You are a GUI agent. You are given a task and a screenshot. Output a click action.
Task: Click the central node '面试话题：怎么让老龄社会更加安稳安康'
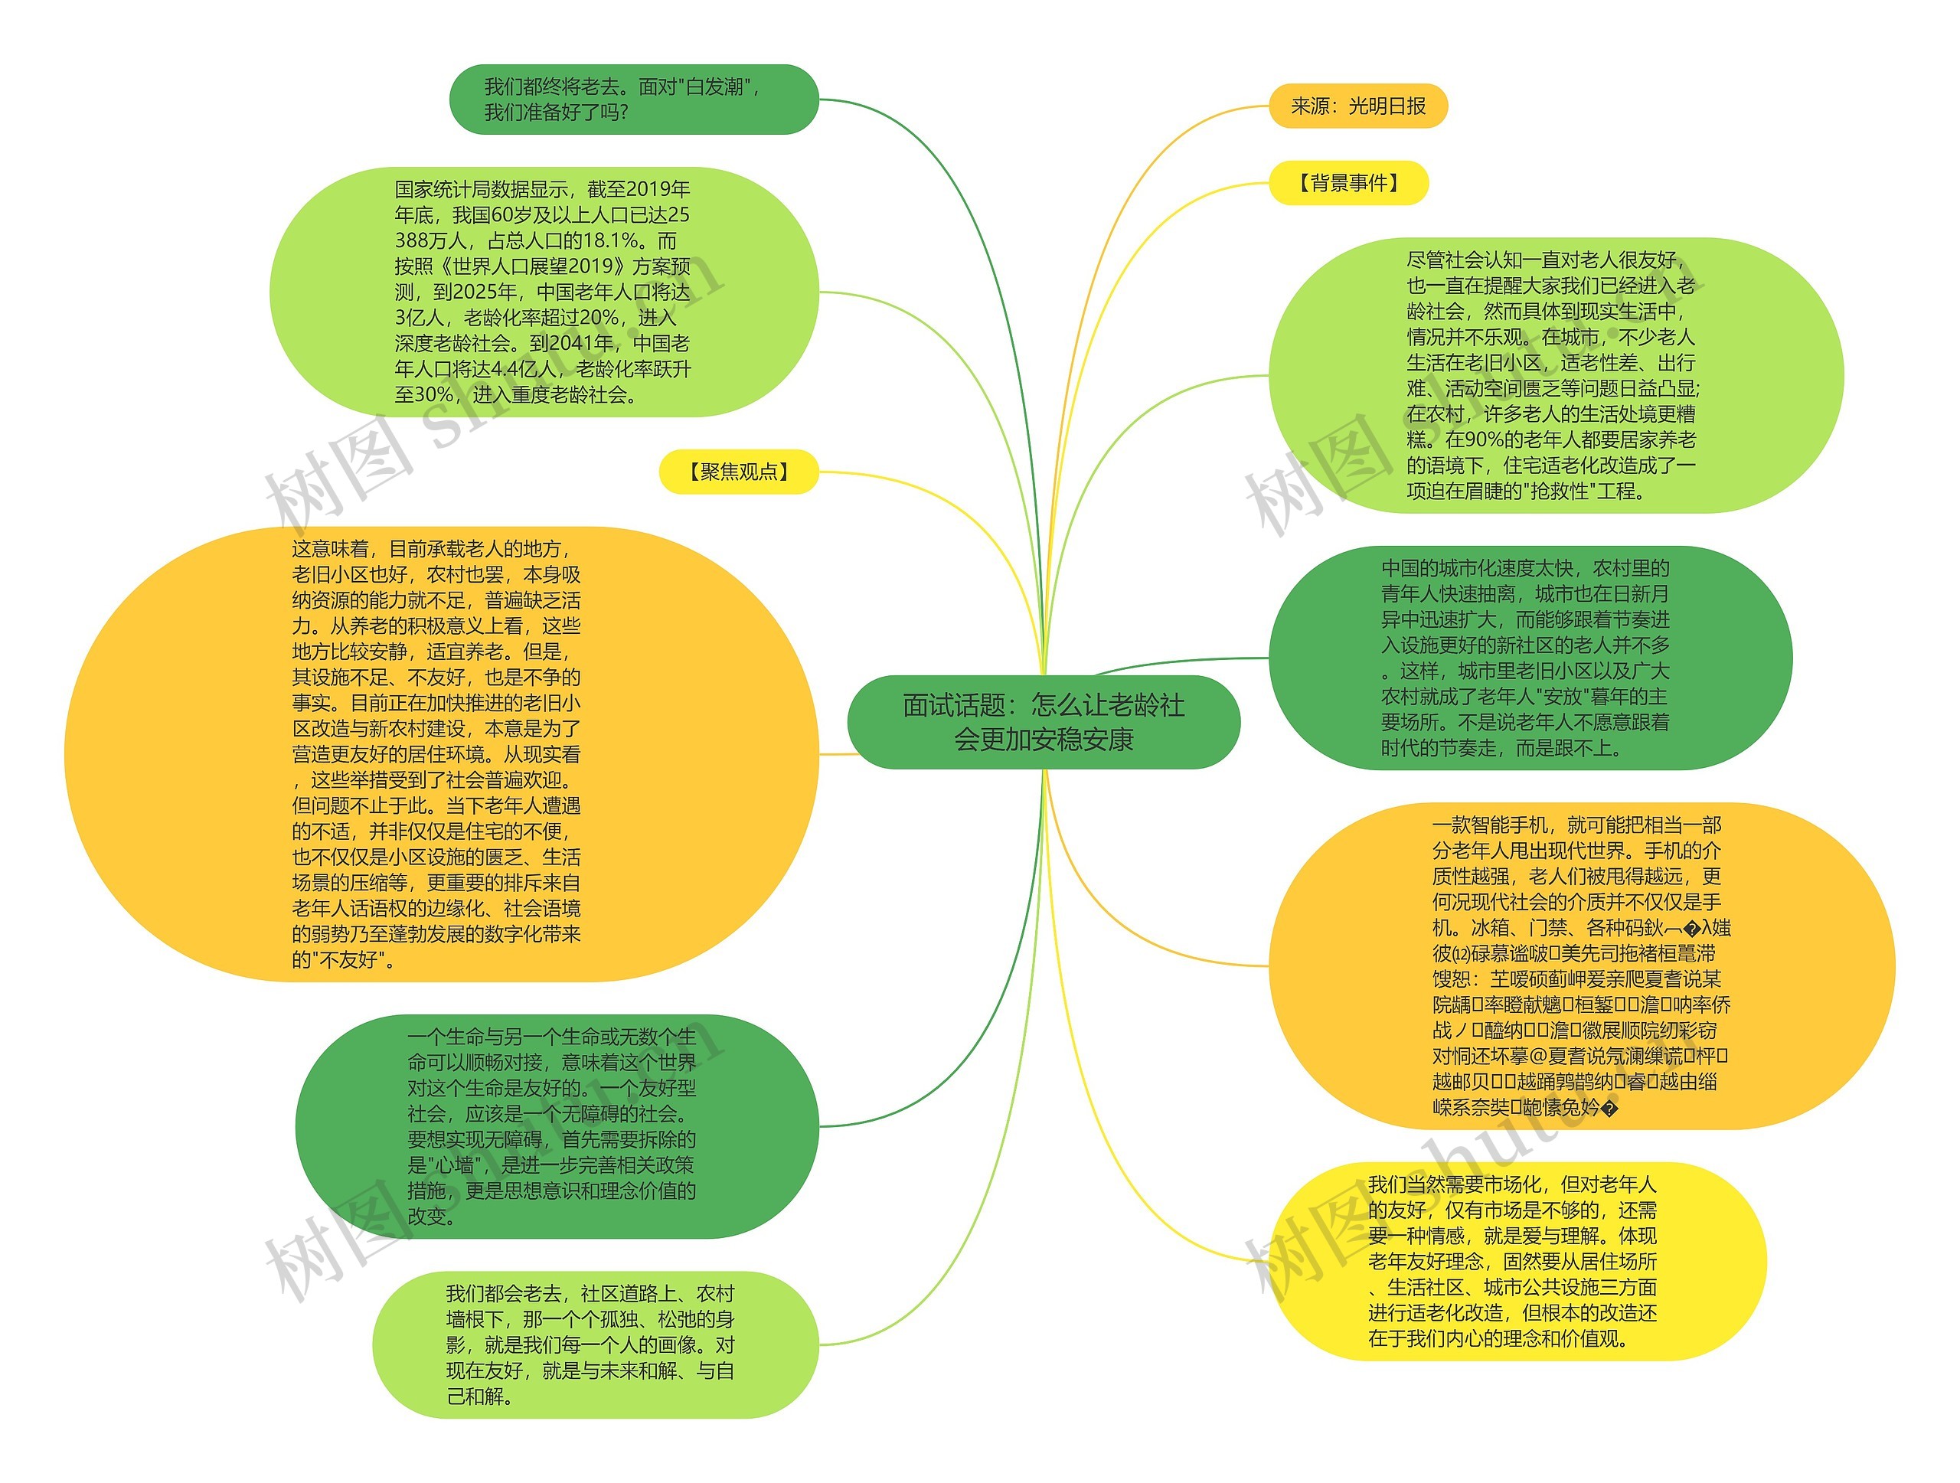[1043, 722]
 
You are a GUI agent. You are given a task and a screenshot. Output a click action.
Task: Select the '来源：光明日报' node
[1357, 106]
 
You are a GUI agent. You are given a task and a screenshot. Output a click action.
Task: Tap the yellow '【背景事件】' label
[1348, 184]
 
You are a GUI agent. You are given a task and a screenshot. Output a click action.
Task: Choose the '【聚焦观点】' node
[738, 472]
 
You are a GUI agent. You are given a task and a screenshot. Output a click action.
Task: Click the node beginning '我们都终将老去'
[633, 100]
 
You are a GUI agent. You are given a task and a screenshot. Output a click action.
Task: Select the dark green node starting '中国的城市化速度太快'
[1530, 658]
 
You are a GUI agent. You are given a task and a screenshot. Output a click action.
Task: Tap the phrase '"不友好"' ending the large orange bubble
[344, 960]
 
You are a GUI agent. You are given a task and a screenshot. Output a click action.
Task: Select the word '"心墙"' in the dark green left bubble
[451, 1166]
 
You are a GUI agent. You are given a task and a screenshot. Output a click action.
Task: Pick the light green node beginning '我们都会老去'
[593, 1344]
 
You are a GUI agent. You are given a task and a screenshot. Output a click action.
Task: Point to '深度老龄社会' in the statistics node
[452, 344]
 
